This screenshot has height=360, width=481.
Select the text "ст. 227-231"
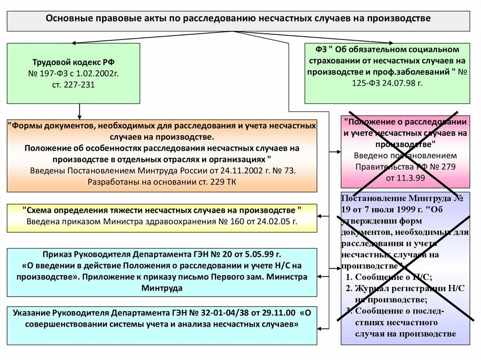[73, 85]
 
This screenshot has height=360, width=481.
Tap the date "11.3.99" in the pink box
[405, 178]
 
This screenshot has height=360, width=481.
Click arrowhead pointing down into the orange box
[79, 116]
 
